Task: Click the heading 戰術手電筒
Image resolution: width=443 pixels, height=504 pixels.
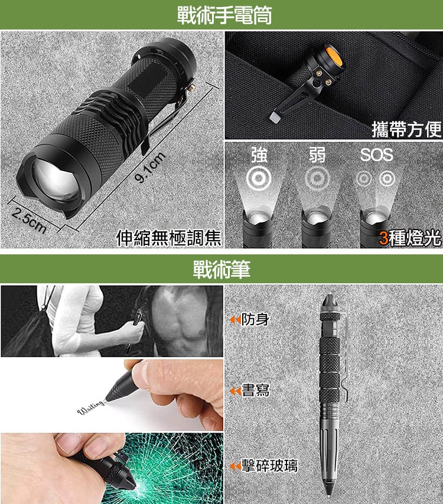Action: pos(224,15)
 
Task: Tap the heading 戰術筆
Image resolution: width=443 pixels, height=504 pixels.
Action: pos(221,269)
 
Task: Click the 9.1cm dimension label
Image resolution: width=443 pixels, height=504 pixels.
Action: pos(150,167)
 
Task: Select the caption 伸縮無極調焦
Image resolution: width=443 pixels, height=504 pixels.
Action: pos(168,238)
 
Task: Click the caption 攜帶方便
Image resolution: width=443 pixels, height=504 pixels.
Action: pos(406,129)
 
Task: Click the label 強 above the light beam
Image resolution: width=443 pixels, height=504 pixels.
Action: pos(259,155)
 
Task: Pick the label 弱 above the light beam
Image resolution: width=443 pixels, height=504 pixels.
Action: pos(317,155)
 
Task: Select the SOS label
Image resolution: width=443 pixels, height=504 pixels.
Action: pos(376,155)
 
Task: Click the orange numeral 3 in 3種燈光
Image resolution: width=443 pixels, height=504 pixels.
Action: pos(383,238)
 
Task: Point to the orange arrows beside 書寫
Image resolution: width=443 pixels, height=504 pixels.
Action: pos(235,391)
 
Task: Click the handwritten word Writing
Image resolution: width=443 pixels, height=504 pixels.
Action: pos(91,408)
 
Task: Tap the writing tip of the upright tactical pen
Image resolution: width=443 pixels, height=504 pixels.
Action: pos(329,492)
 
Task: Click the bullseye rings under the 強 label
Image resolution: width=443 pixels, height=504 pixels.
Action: pos(258,178)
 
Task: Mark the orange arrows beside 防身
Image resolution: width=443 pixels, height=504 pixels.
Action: pos(235,320)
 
